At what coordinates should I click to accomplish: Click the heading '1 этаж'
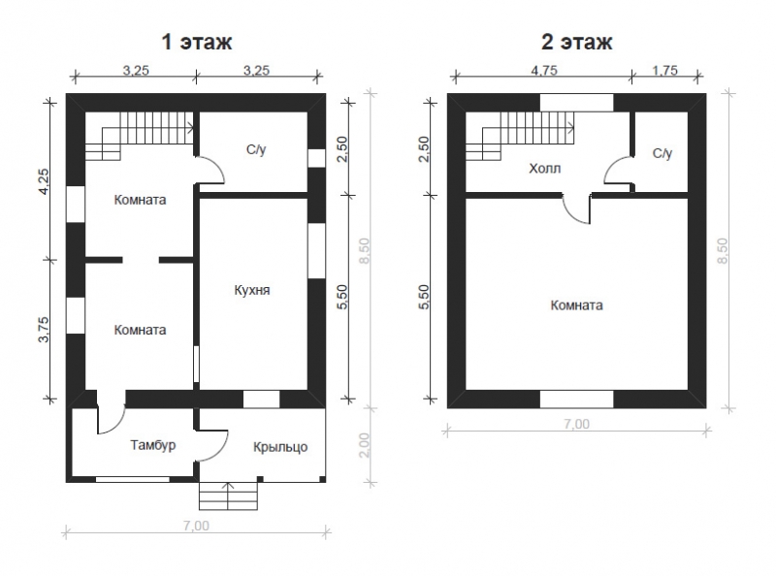coord(197,42)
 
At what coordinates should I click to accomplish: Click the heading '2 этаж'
coord(576,42)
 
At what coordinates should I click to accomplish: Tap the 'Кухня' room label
coord(252,290)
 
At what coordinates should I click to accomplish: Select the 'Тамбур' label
coord(153,445)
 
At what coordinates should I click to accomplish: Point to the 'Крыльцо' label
coord(280,447)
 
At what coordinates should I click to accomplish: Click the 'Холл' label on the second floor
coord(545,169)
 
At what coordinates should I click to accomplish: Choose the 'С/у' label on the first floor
coord(256,149)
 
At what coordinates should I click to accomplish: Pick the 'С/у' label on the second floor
coord(663,153)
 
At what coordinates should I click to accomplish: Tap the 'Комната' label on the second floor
coord(576,304)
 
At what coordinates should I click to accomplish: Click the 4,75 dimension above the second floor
coord(544,70)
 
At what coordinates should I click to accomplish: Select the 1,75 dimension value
coord(664,70)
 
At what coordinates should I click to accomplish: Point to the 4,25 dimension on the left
coord(44,181)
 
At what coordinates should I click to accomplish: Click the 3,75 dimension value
coord(44,329)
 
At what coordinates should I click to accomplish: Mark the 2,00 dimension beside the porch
coord(364,445)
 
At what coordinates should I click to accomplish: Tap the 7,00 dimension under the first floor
coord(197,526)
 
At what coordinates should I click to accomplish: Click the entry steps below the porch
coord(228,496)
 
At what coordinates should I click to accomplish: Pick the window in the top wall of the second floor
coord(576,103)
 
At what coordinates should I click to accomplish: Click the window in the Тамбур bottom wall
coord(133,479)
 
